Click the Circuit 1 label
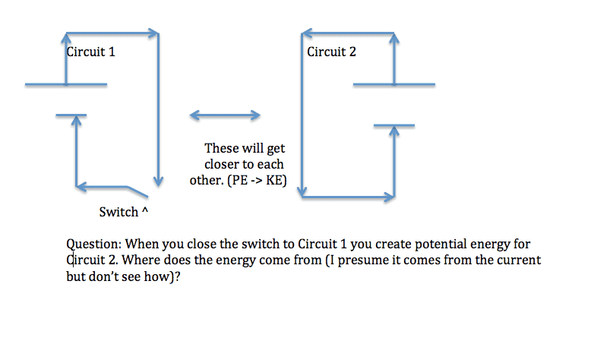[90, 52]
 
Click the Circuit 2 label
[331, 52]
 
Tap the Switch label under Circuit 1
[118, 212]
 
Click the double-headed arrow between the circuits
[225, 115]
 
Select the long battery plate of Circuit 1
[66, 84]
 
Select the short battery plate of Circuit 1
[71, 115]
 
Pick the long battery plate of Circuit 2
[394, 84]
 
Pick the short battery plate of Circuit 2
[394, 125]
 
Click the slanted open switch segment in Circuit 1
[137, 191]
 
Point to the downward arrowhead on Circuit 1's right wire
[158, 181]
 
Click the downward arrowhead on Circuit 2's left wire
[302, 191]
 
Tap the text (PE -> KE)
[257, 180]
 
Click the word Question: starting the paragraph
[94, 244]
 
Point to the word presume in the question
[366, 261]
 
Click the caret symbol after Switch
[145, 210]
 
